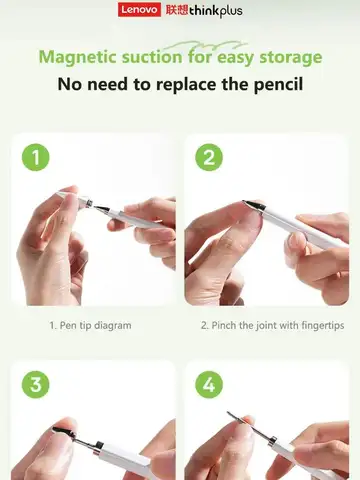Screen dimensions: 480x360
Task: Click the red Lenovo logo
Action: tap(138, 10)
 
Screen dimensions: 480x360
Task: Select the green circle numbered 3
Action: tap(36, 384)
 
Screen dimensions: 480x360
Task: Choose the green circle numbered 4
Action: tap(208, 384)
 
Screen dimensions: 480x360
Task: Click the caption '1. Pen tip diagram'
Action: tap(90, 325)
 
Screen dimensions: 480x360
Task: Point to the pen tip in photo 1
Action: tap(64, 193)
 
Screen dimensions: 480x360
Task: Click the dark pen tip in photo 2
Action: tap(252, 206)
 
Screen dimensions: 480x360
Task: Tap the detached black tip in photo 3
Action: tap(62, 432)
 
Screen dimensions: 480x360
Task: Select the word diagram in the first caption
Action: tap(113, 325)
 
